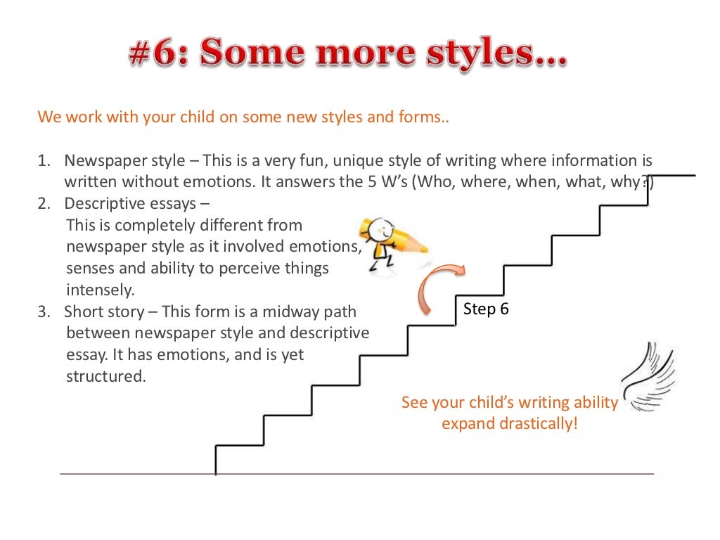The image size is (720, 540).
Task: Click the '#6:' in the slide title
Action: click(x=157, y=56)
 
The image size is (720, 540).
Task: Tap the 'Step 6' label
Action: click(x=486, y=309)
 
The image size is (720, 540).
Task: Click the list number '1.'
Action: click(x=44, y=160)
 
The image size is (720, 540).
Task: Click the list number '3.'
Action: click(x=44, y=311)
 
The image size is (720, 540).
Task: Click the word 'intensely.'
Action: click(x=100, y=290)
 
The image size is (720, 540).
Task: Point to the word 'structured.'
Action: click(x=105, y=376)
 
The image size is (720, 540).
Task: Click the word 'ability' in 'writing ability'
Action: click(x=595, y=403)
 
